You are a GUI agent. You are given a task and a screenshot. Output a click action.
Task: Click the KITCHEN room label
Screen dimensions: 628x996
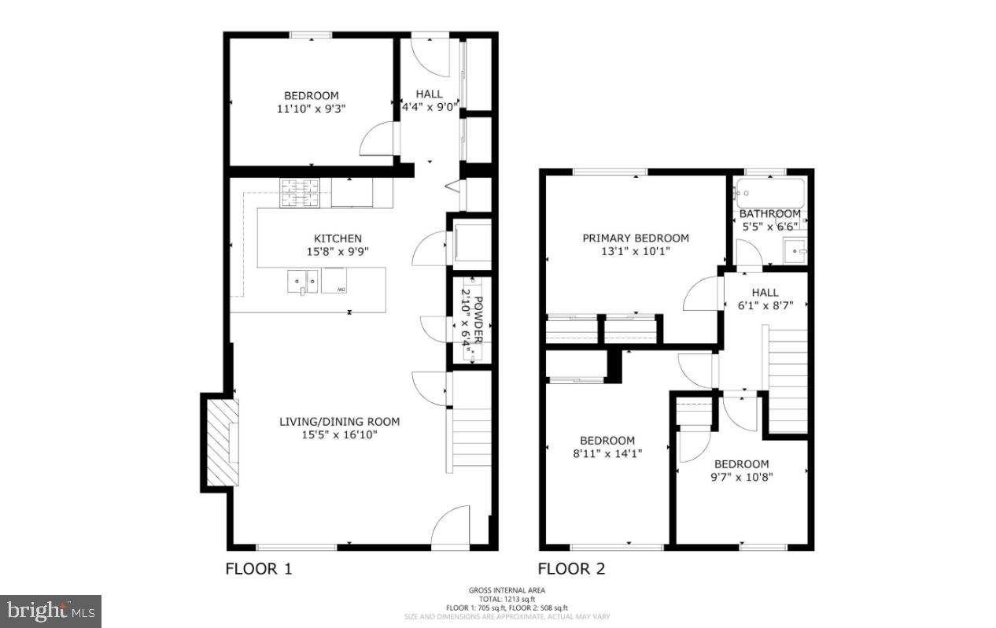pyautogui.click(x=338, y=238)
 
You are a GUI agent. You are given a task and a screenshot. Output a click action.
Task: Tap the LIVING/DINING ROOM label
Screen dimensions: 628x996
pyautogui.click(x=339, y=422)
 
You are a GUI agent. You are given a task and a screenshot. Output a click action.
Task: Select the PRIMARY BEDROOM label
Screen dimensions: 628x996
pyautogui.click(x=635, y=238)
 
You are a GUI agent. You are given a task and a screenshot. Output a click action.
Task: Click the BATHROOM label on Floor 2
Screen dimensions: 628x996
pyautogui.click(x=769, y=214)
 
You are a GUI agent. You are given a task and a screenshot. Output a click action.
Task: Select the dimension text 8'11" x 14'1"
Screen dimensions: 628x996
pyautogui.click(x=607, y=453)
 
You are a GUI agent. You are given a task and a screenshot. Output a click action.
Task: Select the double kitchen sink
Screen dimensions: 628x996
pyautogui.click(x=303, y=279)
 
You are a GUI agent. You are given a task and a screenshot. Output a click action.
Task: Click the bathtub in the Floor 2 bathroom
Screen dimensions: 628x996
pyautogui.click(x=770, y=193)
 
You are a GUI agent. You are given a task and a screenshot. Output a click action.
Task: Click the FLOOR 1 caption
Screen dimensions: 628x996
pyautogui.click(x=259, y=568)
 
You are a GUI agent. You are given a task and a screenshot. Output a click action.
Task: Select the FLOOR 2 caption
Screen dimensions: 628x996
pyautogui.click(x=571, y=568)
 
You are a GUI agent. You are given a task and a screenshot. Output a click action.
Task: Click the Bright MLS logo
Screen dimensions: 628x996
pyautogui.click(x=50, y=611)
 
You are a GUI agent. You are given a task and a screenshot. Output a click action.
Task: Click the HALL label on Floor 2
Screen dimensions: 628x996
pyautogui.click(x=765, y=292)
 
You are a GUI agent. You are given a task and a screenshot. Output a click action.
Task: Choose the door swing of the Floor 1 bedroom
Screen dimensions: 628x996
pyautogui.click(x=378, y=141)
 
